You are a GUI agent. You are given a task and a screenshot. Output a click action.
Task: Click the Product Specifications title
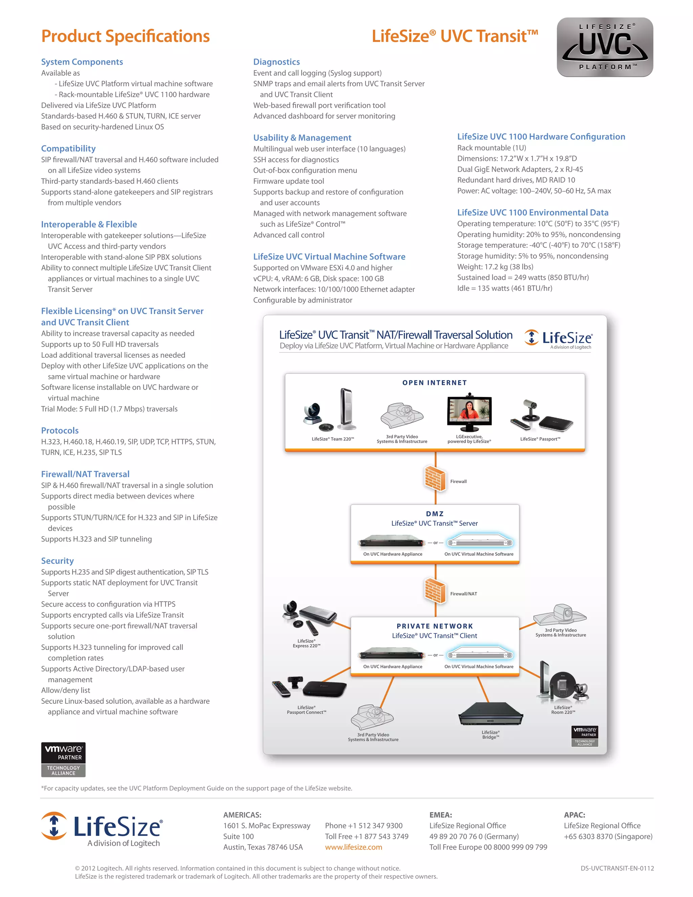(x=125, y=36)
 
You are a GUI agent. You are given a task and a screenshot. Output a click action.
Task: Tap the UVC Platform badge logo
(x=605, y=47)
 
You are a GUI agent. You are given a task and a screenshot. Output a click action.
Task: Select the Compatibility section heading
(x=68, y=148)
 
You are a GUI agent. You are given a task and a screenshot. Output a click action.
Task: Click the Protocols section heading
(x=60, y=431)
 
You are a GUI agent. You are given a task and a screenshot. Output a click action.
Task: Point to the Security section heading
(x=57, y=561)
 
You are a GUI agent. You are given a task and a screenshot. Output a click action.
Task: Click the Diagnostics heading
(x=276, y=62)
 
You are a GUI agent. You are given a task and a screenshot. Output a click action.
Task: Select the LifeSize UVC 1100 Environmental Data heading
(x=533, y=212)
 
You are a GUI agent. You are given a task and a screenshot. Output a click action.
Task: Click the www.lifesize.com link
(x=354, y=847)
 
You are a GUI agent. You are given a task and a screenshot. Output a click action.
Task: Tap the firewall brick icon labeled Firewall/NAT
(x=435, y=591)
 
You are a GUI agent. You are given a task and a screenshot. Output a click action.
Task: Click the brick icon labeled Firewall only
(x=435, y=479)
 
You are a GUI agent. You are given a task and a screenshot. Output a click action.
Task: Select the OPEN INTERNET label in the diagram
(x=434, y=383)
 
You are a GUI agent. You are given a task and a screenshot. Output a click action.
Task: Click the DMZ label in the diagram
(x=435, y=514)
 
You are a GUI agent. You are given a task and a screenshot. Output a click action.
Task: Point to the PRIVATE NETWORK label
(x=435, y=626)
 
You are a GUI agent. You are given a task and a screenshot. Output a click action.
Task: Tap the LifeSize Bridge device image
(x=490, y=714)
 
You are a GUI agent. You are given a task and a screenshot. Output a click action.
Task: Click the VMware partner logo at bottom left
(x=63, y=760)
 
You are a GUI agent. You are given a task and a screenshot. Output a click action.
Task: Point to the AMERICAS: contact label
(x=242, y=815)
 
